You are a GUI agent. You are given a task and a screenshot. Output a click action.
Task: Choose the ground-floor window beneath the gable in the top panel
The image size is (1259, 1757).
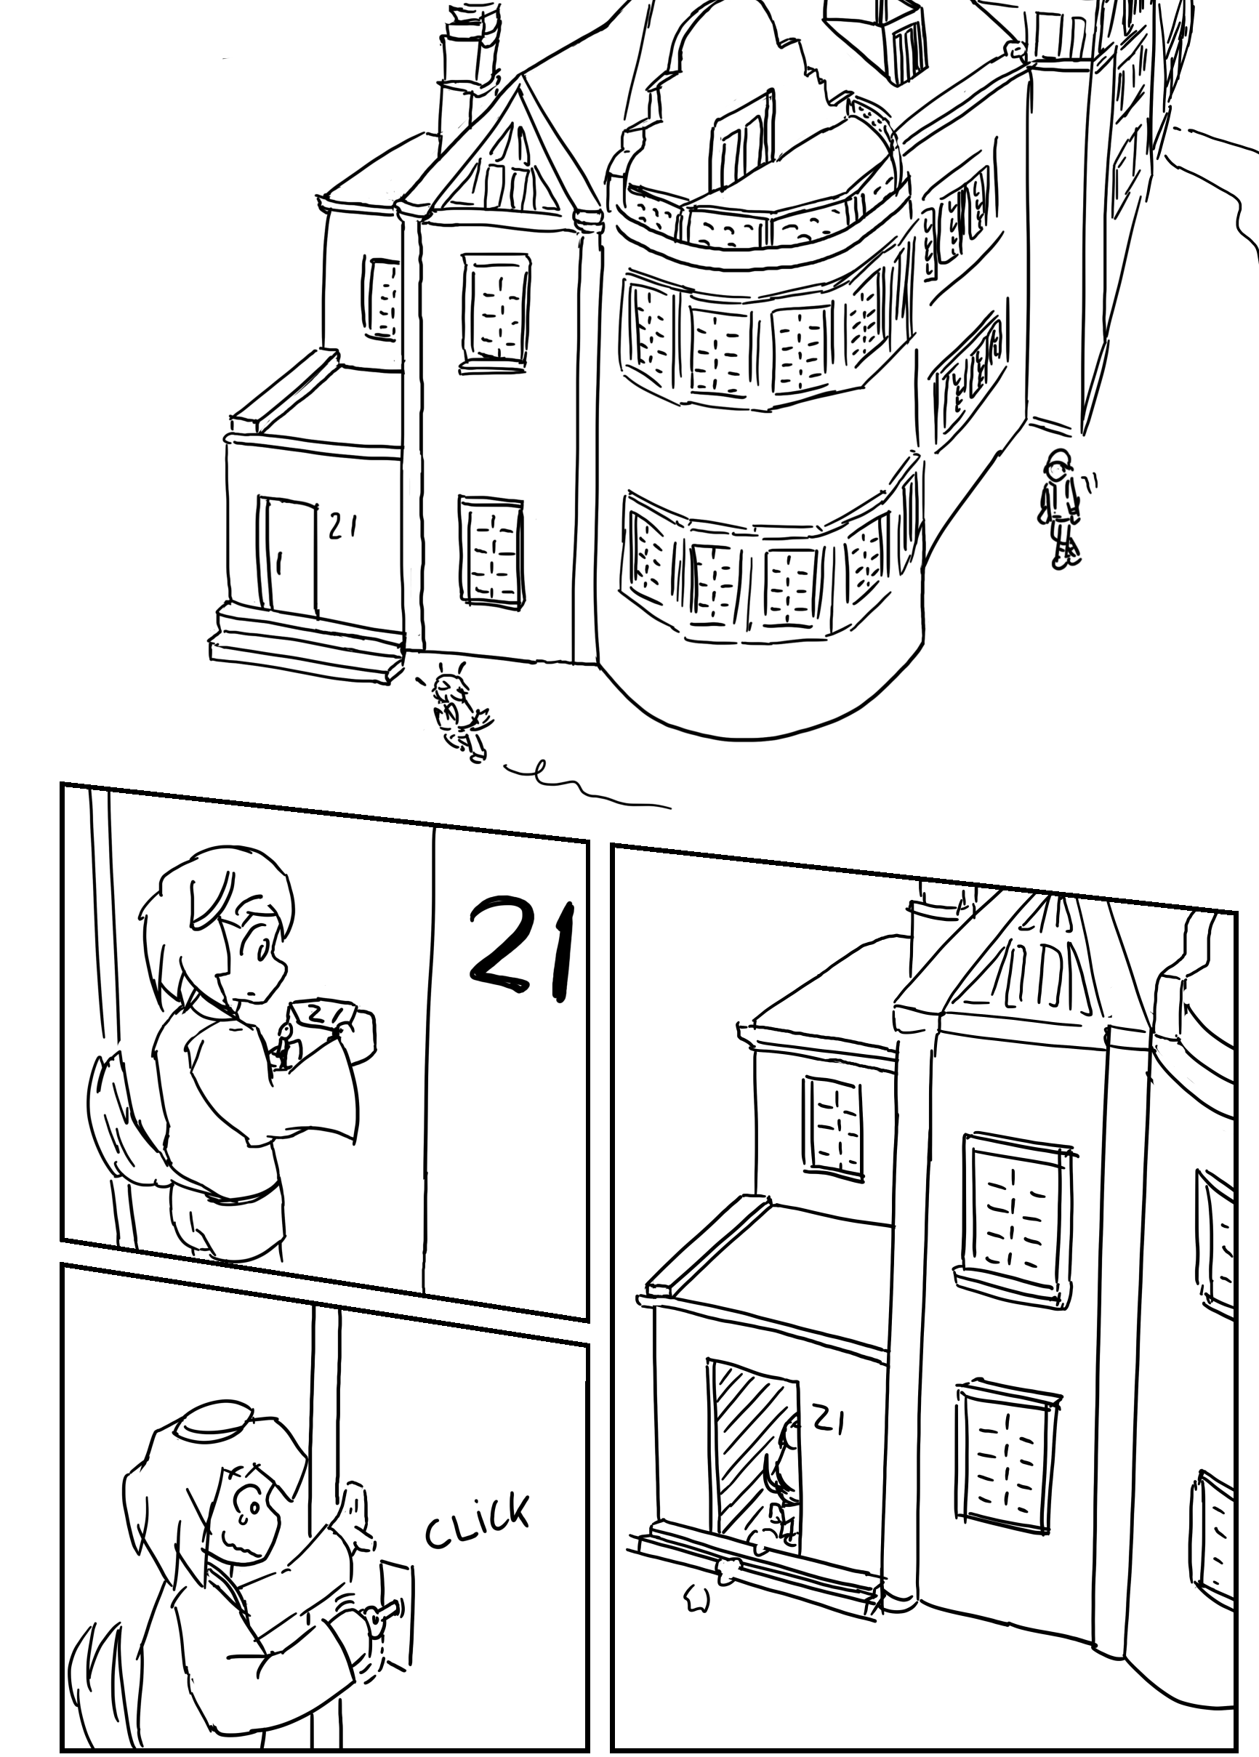[491, 551]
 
